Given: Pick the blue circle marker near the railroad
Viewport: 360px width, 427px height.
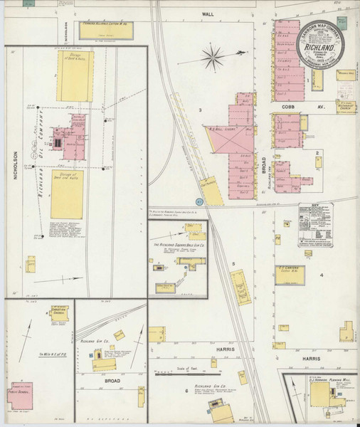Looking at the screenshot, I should [200, 201].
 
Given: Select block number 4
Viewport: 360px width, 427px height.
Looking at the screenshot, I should [322, 274].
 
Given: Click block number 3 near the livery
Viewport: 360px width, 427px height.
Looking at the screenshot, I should [201, 110].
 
